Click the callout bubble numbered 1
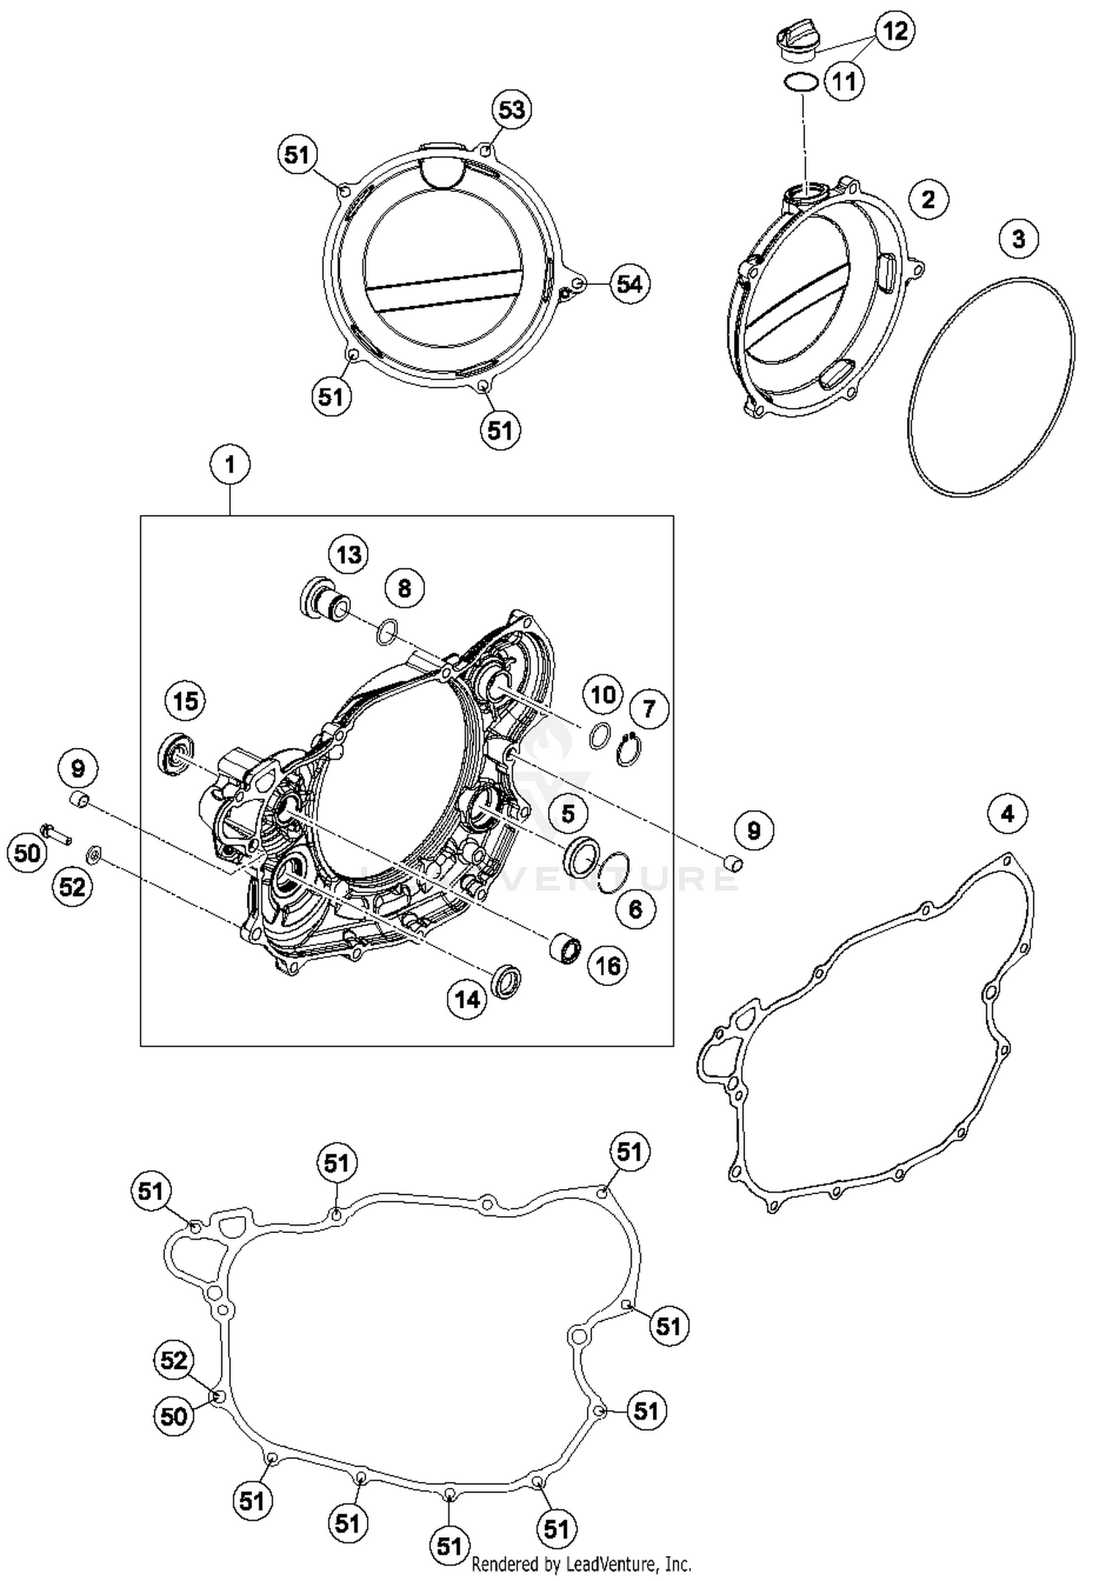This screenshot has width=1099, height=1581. (230, 464)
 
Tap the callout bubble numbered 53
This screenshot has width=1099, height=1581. (511, 110)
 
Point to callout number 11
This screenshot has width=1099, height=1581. (844, 81)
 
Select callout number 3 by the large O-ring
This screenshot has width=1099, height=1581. (1018, 238)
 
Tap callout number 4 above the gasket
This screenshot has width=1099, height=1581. (1007, 813)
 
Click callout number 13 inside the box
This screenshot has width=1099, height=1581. (349, 555)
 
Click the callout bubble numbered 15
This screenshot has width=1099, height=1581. (185, 701)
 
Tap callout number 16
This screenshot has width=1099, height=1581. (608, 966)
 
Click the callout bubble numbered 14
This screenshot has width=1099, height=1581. (467, 999)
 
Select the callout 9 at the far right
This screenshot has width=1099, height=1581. (753, 830)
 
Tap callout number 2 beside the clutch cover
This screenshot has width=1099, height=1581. (928, 199)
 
